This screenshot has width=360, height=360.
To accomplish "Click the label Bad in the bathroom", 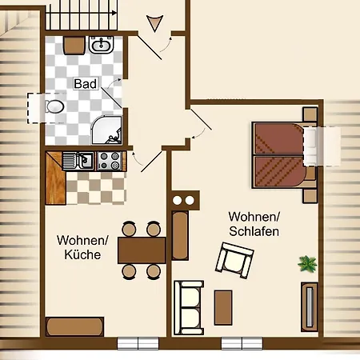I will (x=85, y=83).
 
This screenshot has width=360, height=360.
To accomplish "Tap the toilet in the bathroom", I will (x=55, y=106).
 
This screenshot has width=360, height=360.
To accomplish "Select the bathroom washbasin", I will (x=102, y=46).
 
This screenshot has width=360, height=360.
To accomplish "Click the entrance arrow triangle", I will (x=154, y=23).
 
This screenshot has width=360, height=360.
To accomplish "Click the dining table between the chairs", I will (x=142, y=250).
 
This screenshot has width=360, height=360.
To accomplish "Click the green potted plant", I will (x=306, y=262).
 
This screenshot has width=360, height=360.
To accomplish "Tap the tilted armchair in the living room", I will (x=234, y=261).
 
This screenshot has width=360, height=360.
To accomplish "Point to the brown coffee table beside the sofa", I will (x=223, y=306).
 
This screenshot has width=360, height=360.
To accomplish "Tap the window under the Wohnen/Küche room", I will (x=138, y=343).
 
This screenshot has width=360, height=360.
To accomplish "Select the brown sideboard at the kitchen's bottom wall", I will (x=74, y=326).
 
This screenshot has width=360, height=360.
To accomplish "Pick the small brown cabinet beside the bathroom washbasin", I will (x=74, y=45).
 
